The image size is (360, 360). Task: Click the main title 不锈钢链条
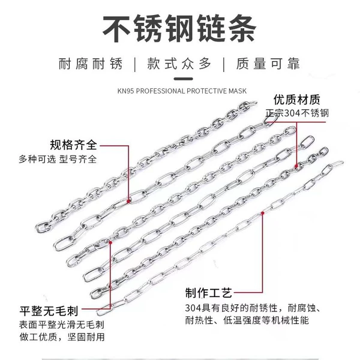click(179, 28)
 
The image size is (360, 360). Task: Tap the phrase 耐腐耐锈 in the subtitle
click(91, 64)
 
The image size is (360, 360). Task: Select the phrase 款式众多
click(179, 64)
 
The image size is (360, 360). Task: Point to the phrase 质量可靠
click(268, 64)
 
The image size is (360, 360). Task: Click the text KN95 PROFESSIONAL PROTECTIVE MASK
click(182, 91)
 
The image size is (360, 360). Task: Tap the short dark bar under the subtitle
click(183, 79)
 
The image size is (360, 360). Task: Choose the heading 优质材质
click(296, 100)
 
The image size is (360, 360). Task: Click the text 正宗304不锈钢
click(297, 113)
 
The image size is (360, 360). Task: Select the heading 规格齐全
click(73, 145)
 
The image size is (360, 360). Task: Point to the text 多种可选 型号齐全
click(58, 159)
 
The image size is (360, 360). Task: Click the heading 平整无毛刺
click(49, 311)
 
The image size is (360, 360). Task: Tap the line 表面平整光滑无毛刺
click(62, 325)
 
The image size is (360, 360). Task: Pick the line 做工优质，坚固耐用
click(62, 337)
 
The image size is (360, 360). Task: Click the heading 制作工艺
click(208, 293)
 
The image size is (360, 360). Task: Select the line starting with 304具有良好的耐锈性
click(253, 308)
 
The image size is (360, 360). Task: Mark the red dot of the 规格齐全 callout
click(128, 202)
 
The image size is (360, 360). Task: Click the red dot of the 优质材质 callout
click(296, 166)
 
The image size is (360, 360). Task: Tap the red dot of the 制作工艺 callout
click(262, 213)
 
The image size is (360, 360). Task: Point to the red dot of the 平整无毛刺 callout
click(110, 242)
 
